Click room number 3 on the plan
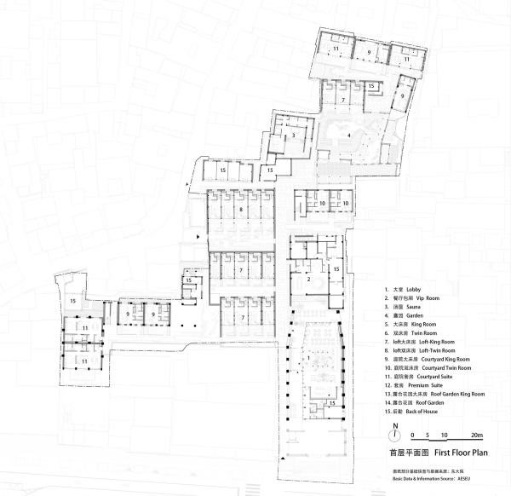coord(292,135)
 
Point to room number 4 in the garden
coord(348,135)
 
